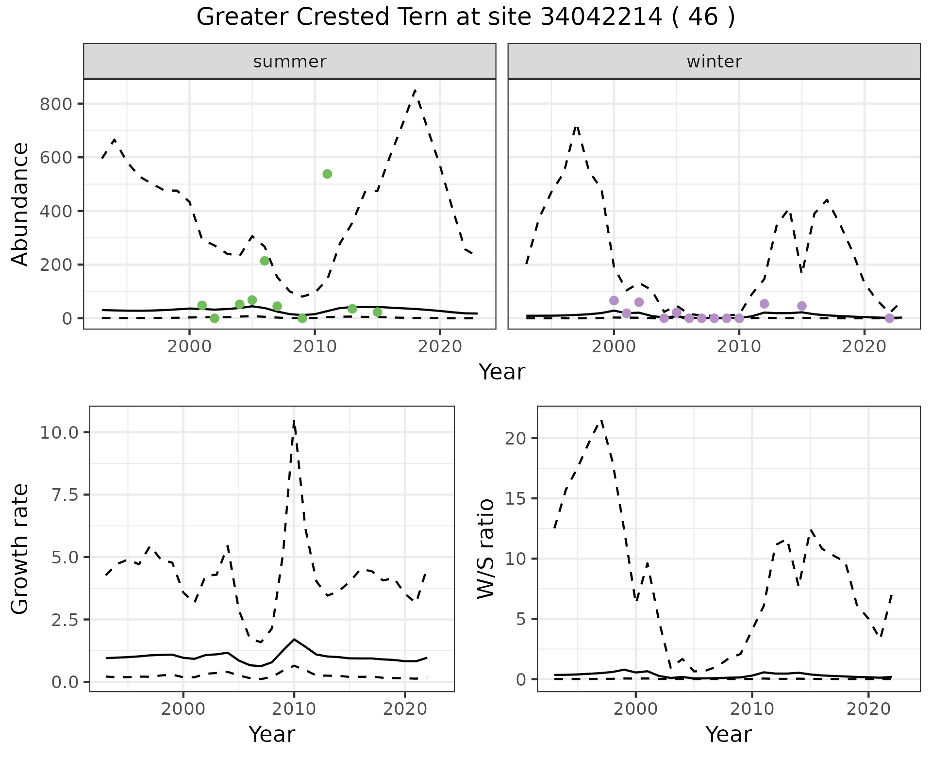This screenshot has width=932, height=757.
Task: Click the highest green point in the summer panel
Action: [327, 174]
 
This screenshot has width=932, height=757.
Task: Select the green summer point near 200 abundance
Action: [265, 261]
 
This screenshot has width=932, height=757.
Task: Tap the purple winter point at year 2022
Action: [889, 318]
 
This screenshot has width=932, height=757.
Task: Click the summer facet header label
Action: [290, 62]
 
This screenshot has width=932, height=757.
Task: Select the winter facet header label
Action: [714, 62]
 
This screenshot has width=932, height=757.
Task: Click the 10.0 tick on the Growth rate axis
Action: [59, 432]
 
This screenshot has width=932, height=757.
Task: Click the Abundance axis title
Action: [20, 204]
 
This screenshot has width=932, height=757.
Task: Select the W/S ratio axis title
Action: [486, 549]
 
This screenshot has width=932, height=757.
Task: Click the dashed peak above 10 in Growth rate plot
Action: [294, 420]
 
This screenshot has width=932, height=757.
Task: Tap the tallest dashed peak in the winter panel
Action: [576, 126]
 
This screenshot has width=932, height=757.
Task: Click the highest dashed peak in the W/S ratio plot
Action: [601, 420]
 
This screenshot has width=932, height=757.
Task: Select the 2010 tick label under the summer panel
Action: [315, 347]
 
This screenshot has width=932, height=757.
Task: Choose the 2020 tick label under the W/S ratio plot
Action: [868, 709]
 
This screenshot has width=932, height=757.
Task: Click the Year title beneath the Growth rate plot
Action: [272, 735]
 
